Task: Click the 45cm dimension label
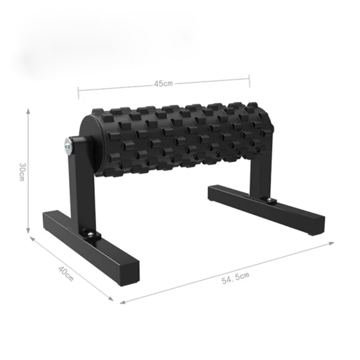click(x=163, y=84)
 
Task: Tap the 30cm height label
click(x=22, y=172)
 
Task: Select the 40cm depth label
click(x=66, y=274)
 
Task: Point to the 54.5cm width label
click(x=235, y=278)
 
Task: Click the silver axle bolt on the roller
click(x=68, y=146)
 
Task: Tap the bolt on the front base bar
click(x=91, y=234)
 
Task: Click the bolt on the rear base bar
click(x=269, y=200)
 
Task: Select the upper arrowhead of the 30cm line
click(x=28, y=111)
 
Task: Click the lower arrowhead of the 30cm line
click(x=28, y=230)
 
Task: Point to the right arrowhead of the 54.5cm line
click(x=331, y=243)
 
